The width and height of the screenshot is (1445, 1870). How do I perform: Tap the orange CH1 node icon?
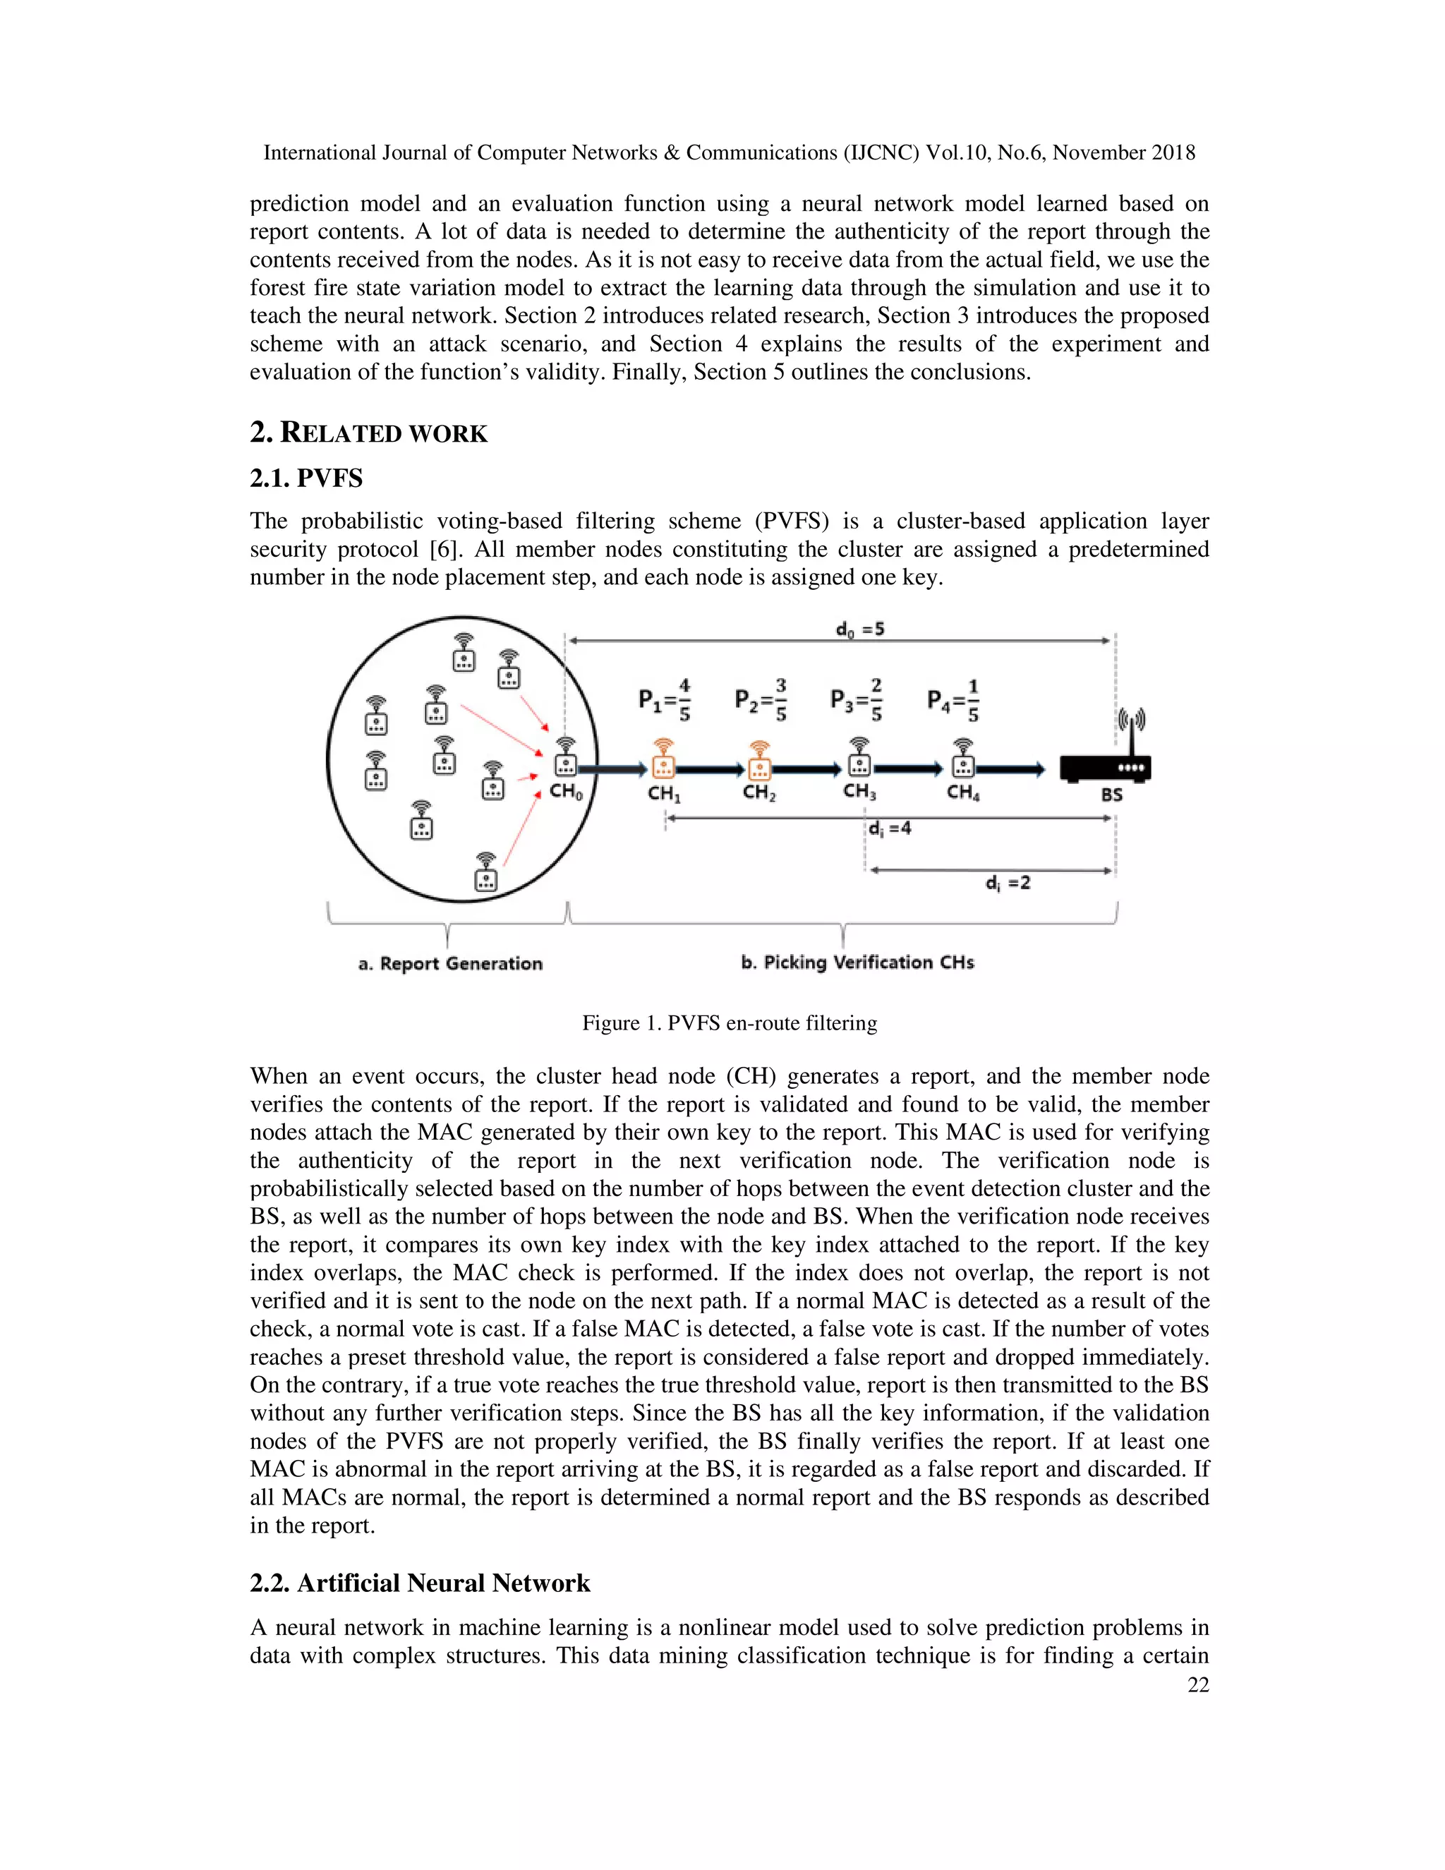coord(663,759)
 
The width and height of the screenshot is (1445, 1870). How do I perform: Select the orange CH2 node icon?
coord(758,759)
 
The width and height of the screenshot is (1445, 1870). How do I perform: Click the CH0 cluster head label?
coord(566,792)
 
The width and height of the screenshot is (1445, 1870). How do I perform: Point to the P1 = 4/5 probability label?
coord(664,701)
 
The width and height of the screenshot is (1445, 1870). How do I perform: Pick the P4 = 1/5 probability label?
coord(953,701)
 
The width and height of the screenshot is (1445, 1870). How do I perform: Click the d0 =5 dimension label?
coord(859,630)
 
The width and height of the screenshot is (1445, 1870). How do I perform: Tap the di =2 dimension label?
coord(1008,883)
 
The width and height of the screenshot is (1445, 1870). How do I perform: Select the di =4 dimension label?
coord(890,829)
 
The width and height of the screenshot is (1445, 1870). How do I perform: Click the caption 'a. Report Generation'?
coord(450,964)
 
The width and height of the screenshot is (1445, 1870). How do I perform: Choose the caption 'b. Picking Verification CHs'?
coord(857,963)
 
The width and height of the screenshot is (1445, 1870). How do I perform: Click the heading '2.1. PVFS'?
coord(306,478)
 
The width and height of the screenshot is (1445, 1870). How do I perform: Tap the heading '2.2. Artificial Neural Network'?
coord(420,1584)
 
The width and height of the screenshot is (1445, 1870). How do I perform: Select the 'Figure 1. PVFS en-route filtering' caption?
coord(730,1023)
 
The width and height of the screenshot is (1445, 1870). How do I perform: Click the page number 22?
coord(1197,1685)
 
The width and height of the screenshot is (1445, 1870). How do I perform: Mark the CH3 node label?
coord(859,791)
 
